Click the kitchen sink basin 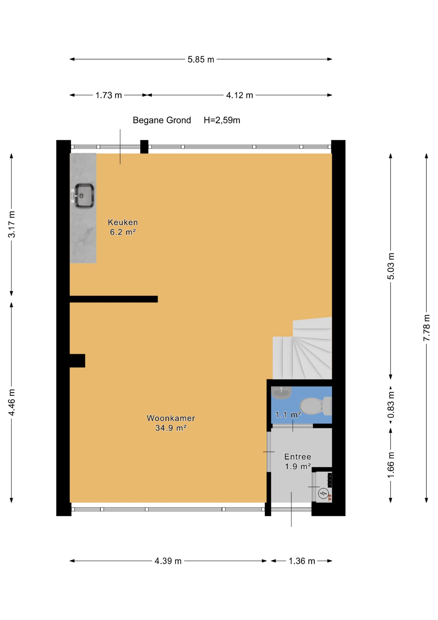84,196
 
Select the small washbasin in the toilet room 281,393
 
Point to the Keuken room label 123,222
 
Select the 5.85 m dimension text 201,59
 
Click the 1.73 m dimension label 109,95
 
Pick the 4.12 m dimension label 239,95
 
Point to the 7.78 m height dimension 427,328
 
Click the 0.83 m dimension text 391,404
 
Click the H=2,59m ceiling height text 222,120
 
